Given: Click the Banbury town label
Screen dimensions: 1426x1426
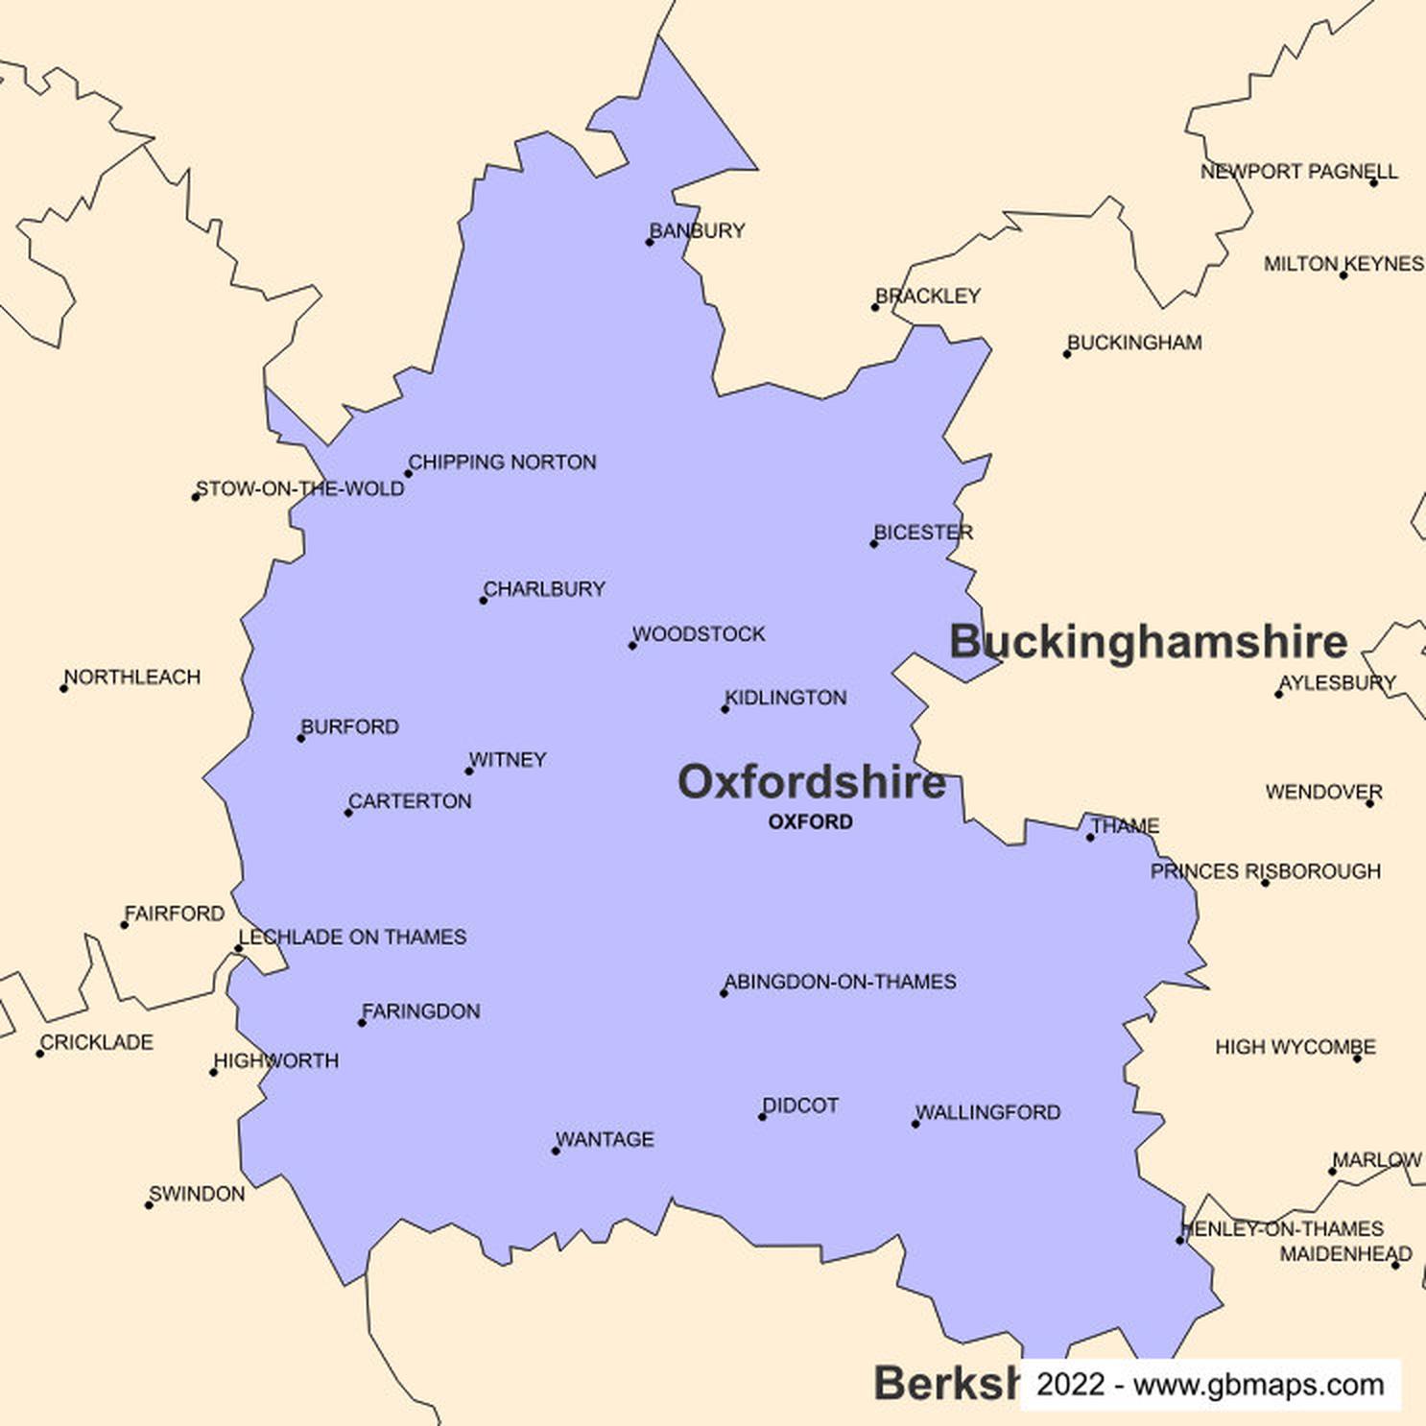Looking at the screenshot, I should [698, 230].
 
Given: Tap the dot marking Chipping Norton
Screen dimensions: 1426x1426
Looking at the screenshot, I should [408, 473].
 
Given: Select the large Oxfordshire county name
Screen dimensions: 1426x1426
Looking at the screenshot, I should [812, 782].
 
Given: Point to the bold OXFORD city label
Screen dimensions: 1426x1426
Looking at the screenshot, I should [810, 821].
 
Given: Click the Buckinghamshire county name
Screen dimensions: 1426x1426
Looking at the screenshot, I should [1148, 641].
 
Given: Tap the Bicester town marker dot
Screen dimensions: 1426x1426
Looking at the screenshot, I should [874, 544].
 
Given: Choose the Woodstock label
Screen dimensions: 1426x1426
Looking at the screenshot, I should [700, 634].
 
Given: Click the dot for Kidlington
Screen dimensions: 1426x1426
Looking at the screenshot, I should [725, 709].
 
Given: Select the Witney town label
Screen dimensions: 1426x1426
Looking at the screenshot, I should [509, 760].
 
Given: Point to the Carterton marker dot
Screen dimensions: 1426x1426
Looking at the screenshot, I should [348, 813].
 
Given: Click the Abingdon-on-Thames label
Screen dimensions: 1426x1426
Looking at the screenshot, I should [841, 982].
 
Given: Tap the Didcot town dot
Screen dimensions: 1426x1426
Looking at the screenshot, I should [763, 1117].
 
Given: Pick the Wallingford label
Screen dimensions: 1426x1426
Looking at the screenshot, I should [988, 1112].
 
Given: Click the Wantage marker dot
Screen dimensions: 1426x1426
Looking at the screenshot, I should [556, 1151].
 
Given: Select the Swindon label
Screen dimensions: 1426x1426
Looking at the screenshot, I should [198, 1194].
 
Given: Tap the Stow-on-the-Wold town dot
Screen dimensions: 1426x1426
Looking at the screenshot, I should [196, 497].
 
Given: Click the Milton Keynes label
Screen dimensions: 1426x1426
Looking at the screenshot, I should [1343, 264].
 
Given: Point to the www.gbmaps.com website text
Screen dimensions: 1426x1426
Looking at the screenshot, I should [1258, 1385].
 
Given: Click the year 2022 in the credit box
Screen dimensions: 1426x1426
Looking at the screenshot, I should [1070, 1385].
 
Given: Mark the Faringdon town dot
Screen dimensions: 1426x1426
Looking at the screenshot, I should [362, 1023].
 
